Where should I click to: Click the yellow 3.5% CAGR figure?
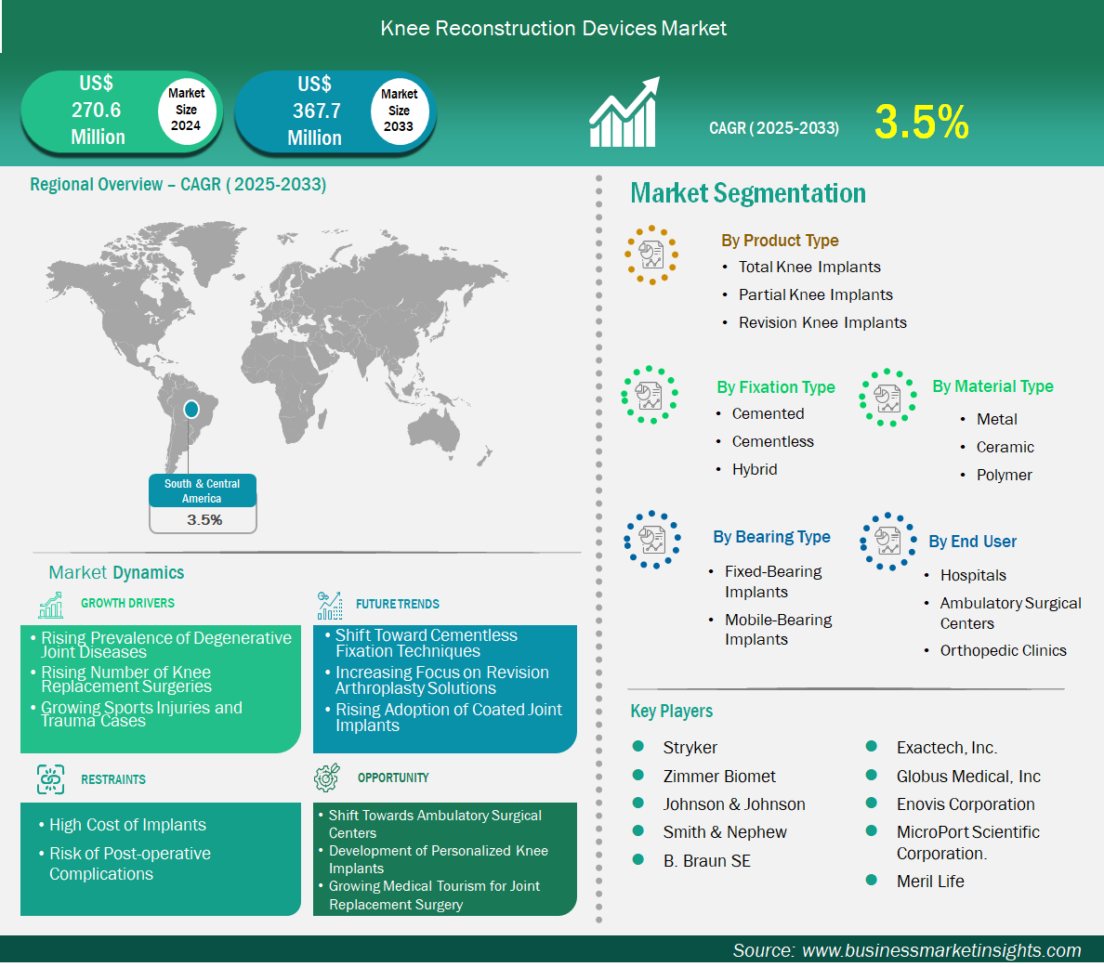tap(922, 122)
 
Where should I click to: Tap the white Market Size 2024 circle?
tap(186, 110)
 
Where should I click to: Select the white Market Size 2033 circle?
tap(400, 111)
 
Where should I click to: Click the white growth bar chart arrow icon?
tap(624, 111)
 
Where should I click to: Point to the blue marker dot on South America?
tap(191, 409)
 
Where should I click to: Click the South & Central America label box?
tap(203, 503)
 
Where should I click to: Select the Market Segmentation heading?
tap(748, 193)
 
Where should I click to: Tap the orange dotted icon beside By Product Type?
tap(651, 255)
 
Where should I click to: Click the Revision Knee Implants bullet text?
tap(822, 322)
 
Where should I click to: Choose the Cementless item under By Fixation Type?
tap(772, 441)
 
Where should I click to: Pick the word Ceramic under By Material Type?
tap(1005, 447)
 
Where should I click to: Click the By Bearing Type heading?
tap(771, 537)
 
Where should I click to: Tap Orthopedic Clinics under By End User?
tap(1004, 650)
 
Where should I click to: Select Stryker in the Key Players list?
tap(690, 748)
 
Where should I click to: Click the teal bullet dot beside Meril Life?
tap(871, 880)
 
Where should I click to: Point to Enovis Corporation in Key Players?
tap(966, 804)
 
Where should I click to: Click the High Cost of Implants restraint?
tap(127, 825)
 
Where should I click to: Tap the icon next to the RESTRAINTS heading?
tap(51, 779)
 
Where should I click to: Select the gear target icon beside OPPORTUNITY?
tap(327, 777)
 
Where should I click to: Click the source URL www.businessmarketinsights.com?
tap(941, 950)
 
